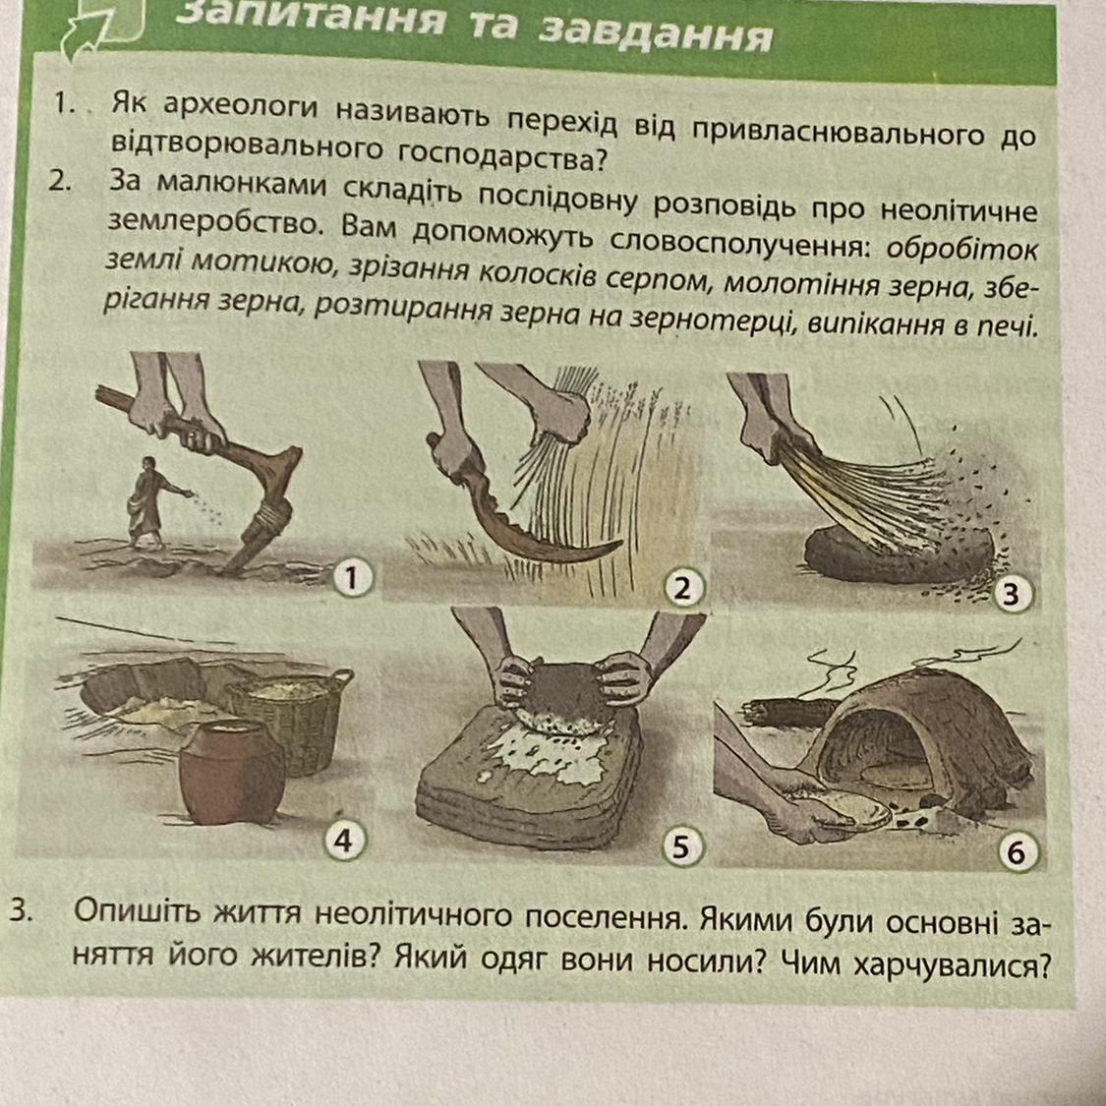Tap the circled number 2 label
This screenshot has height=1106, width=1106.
(682, 588)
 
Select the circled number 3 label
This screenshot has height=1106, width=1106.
(1012, 595)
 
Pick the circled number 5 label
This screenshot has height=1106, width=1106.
(680, 846)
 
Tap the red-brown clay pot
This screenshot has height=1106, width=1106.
(231, 771)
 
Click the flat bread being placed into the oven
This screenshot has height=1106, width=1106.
(843, 809)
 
